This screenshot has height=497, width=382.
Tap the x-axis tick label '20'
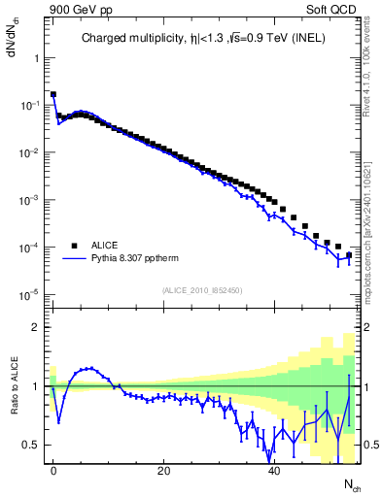point(163,471)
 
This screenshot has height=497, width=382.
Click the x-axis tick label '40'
point(274,471)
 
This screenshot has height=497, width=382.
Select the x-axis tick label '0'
point(52,471)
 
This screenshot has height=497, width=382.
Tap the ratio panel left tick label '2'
point(35,327)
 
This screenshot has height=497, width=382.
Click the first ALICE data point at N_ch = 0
point(52,95)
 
